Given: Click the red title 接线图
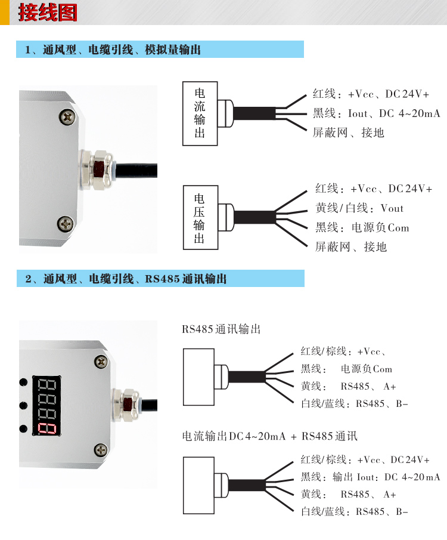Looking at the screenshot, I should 47,13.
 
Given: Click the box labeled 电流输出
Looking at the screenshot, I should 200,113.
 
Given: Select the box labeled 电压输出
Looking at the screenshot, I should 200,217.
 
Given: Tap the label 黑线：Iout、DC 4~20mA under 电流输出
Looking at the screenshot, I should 376,113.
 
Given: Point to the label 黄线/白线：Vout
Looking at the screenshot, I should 359,208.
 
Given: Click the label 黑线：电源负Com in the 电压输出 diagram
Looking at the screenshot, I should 362,227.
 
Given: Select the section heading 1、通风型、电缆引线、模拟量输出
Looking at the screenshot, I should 113,50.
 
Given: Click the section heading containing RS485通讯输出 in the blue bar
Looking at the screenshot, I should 126,279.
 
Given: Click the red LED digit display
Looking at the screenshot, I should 48,405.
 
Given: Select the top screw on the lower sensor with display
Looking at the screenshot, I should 102,361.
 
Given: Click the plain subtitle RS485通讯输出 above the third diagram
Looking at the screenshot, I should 221,329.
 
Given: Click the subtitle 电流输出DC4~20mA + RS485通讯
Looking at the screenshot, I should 269,436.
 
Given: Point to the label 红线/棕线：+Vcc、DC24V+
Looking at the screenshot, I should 365,460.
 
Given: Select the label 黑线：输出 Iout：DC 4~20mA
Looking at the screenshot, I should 370,477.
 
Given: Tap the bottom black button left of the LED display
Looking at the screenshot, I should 24,428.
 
